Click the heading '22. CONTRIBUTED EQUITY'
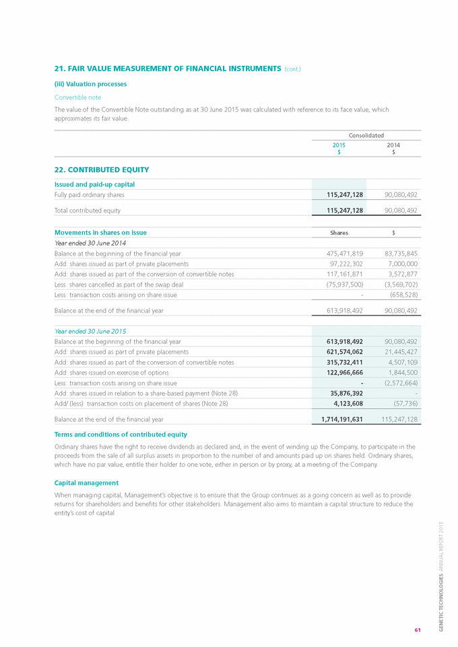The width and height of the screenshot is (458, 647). point(101,169)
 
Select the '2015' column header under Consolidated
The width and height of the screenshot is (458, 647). point(339,145)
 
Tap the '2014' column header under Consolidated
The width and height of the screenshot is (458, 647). point(393,145)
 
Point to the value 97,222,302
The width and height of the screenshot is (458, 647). point(342,264)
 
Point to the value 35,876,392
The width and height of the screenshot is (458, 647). point(343,393)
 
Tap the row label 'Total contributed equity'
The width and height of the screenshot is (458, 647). point(87,211)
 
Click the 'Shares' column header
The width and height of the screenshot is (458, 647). point(339,233)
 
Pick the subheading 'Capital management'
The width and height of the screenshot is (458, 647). point(86,482)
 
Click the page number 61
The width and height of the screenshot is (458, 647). point(418,630)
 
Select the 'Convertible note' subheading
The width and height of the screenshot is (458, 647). point(77,97)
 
